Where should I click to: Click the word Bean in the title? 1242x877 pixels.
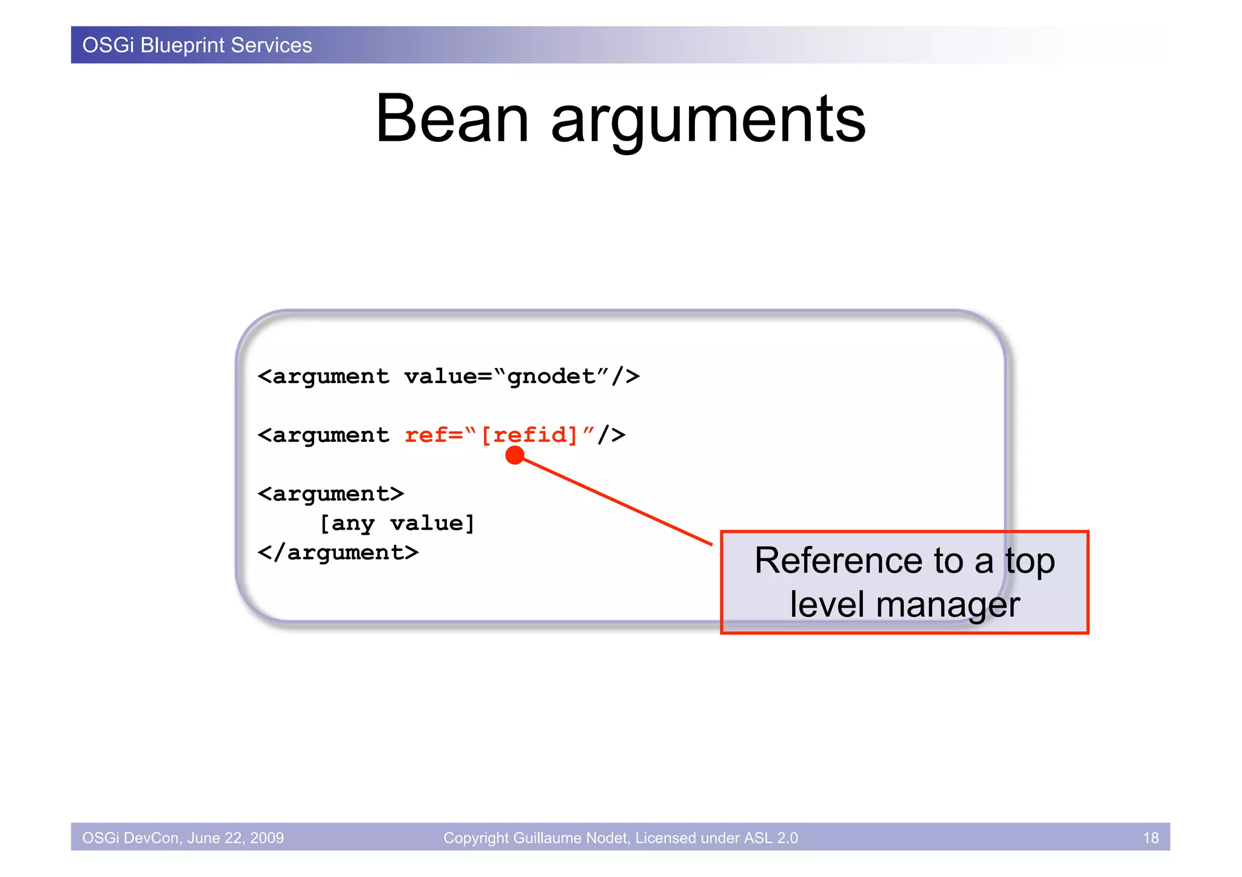[x=452, y=119]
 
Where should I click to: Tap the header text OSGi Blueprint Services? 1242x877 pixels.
[x=197, y=45]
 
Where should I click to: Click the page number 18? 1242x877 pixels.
[x=1150, y=838]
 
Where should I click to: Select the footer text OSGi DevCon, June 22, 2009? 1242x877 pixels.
[x=183, y=838]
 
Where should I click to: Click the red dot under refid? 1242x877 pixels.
[x=514, y=455]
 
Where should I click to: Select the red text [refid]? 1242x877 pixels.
[x=529, y=435]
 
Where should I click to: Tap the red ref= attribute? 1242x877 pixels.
[x=433, y=435]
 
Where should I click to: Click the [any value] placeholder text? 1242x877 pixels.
[x=397, y=523]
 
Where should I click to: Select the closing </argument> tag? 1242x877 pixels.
[x=338, y=553]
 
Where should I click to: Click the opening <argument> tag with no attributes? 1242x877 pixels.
[x=331, y=494]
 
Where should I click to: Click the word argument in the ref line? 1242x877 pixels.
[x=331, y=435]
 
